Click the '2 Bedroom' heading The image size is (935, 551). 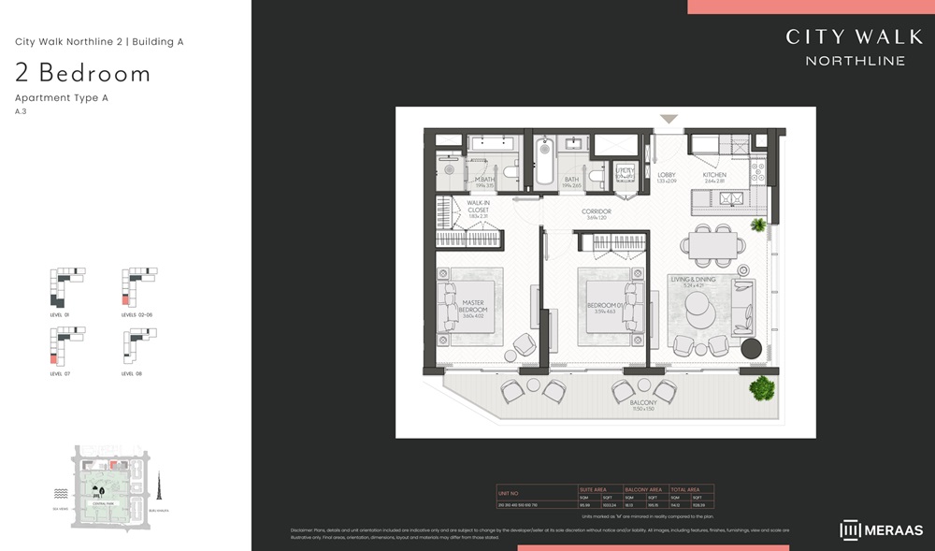point(82,73)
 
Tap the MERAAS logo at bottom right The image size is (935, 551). point(882,530)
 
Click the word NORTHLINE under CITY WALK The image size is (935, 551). point(856,61)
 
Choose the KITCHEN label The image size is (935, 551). point(714,176)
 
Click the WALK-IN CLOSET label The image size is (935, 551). point(478,210)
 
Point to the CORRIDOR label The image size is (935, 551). point(596,212)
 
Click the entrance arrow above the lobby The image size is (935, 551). point(669,119)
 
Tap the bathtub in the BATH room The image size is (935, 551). point(544,166)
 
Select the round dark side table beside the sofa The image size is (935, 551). point(752,349)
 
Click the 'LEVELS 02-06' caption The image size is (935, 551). point(137,315)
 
